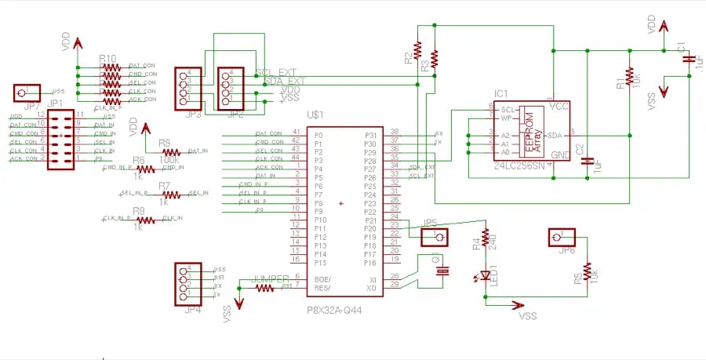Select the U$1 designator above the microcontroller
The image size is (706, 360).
point(316,115)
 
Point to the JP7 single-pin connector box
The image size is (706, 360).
point(26,93)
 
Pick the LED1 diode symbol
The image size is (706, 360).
point(486,275)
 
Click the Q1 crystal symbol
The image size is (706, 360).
point(443,271)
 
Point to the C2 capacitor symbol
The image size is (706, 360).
point(587,162)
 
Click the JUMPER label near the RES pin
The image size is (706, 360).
point(271,279)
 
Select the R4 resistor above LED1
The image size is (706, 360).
point(486,238)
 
